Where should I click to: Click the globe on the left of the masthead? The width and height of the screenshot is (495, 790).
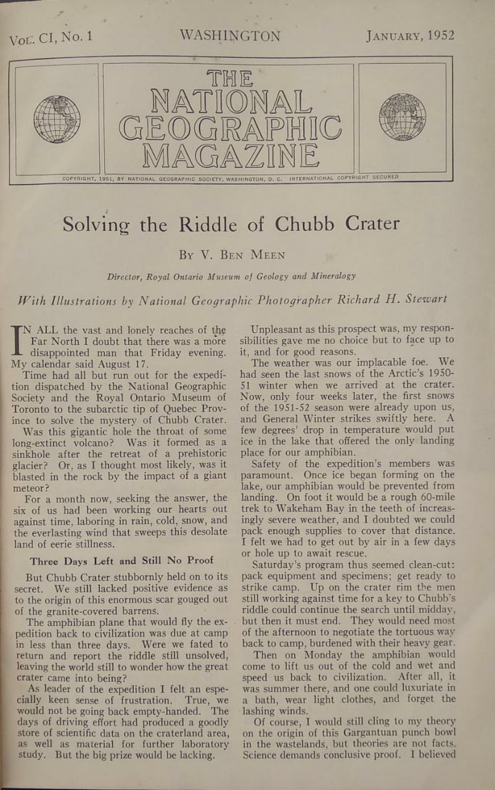[x=57, y=119]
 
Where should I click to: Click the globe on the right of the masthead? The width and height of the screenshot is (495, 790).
[x=403, y=117]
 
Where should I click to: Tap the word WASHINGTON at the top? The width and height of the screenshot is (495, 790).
[x=230, y=36]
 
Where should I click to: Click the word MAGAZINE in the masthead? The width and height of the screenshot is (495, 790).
[x=229, y=156]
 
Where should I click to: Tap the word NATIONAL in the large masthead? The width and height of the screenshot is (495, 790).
[x=231, y=102]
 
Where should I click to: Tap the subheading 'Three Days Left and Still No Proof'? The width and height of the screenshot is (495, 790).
[x=121, y=560]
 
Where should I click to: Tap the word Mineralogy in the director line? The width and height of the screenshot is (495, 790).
[x=329, y=276]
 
